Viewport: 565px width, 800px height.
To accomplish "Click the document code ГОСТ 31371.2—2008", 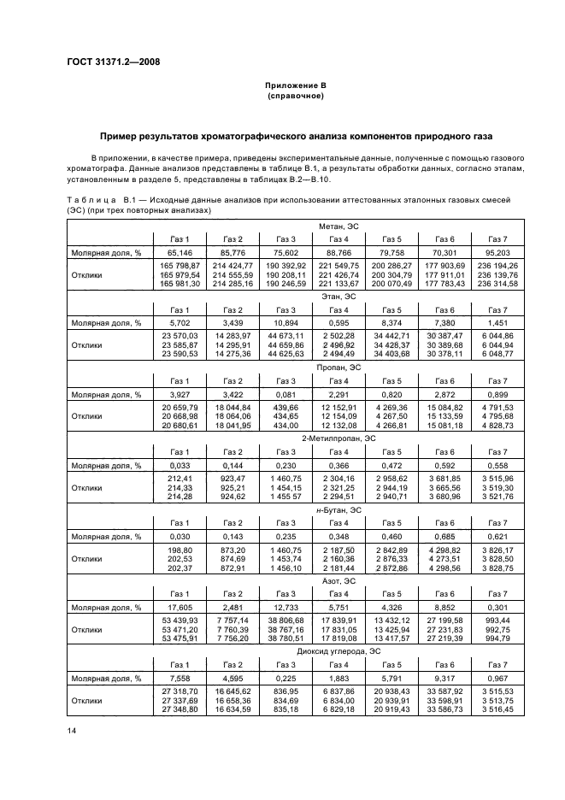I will tap(111, 62).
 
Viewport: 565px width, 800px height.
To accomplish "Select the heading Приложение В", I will tap(295, 86).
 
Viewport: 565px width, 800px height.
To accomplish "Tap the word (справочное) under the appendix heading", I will tap(295, 97).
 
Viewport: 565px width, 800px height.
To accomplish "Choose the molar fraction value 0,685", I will tap(444, 537).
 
